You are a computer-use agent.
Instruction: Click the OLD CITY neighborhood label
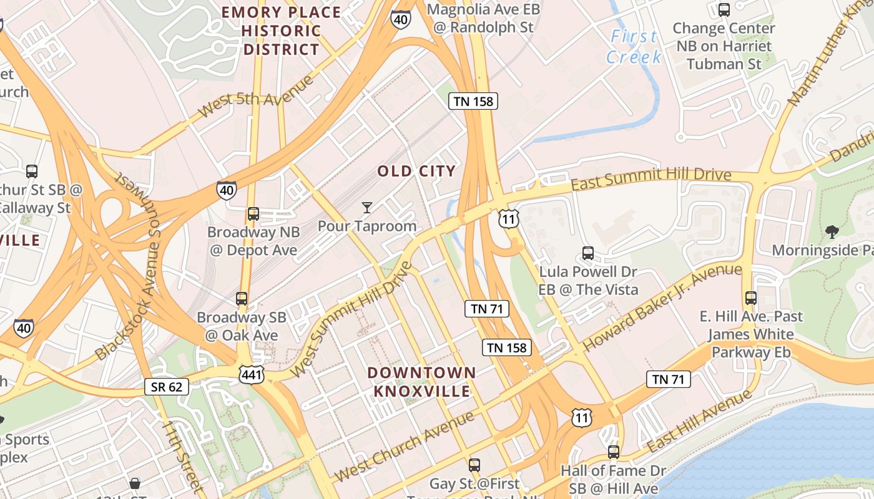416,171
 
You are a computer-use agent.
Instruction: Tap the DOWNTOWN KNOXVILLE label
421,382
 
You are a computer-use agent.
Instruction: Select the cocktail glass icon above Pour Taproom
367,208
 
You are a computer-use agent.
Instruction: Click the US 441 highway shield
252,374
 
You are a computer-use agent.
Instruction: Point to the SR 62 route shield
167,387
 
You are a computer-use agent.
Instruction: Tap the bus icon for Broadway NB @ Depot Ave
253,214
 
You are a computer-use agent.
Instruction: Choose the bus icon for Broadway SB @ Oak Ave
242,299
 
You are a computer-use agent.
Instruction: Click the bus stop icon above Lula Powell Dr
588,253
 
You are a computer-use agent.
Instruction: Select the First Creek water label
634,47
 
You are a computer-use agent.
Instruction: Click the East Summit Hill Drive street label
651,179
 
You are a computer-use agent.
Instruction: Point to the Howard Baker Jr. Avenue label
662,307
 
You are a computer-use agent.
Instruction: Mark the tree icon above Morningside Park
832,232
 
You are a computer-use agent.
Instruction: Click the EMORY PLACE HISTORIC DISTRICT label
282,31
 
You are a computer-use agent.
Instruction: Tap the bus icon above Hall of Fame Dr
614,452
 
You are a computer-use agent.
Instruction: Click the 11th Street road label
182,457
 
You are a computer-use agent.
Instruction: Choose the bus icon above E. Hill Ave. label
751,298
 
